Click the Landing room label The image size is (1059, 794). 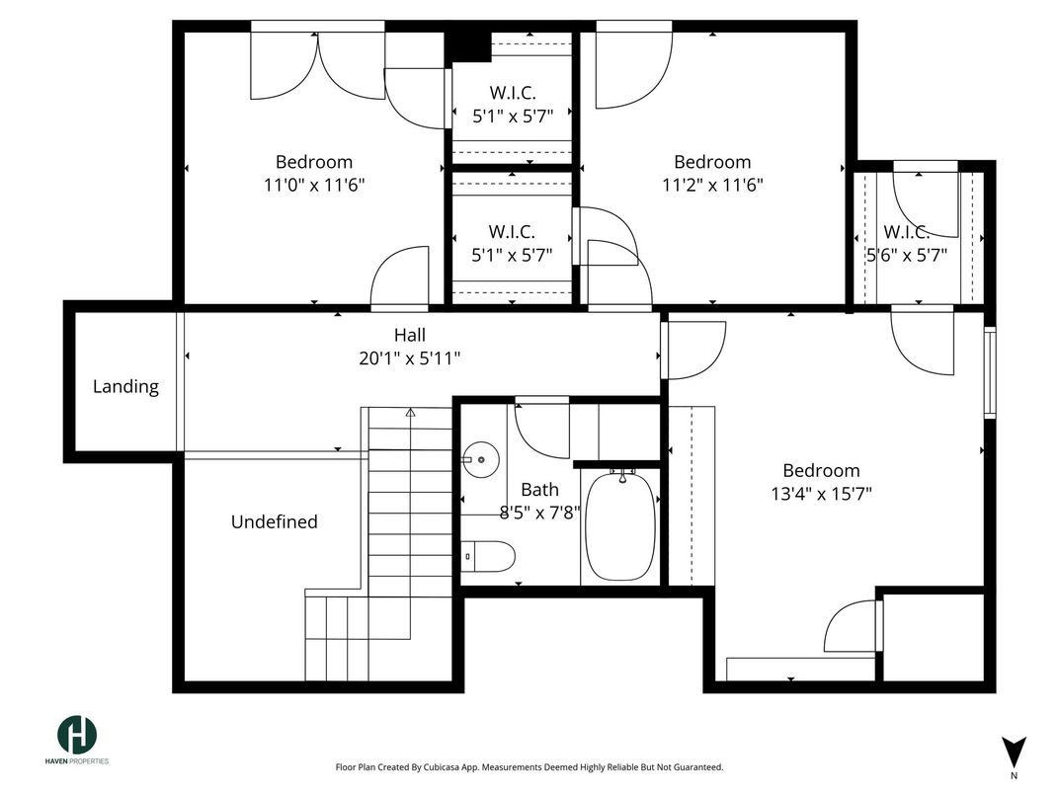pyautogui.click(x=125, y=387)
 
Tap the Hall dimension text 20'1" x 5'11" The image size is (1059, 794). pyautogui.click(x=409, y=358)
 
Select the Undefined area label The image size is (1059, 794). pyautogui.click(x=275, y=521)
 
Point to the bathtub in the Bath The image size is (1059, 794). pyautogui.click(x=620, y=526)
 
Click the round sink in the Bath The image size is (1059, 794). pyautogui.click(x=481, y=460)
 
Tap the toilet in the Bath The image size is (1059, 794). pyautogui.click(x=489, y=556)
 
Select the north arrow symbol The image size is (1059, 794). pyautogui.click(x=1014, y=753)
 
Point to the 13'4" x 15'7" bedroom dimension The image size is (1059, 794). pyautogui.click(x=821, y=494)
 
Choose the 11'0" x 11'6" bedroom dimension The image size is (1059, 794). pyautogui.click(x=314, y=185)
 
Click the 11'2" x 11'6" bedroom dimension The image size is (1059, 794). pyautogui.click(x=712, y=185)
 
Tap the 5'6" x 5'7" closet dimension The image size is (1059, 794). pyautogui.click(x=907, y=255)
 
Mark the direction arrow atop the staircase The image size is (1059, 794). pyautogui.click(x=410, y=412)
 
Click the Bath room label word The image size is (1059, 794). pyautogui.click(x=539, y=490)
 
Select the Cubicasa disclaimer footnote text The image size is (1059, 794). pyautogui.click(x=529, y=767)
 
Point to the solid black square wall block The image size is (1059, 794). pyautogui.click(x=467, y=45)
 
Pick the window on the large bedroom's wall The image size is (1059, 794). pyautogui.click(x=990, y=372)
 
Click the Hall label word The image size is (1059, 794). pyautogui.click(x=410, y=335)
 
